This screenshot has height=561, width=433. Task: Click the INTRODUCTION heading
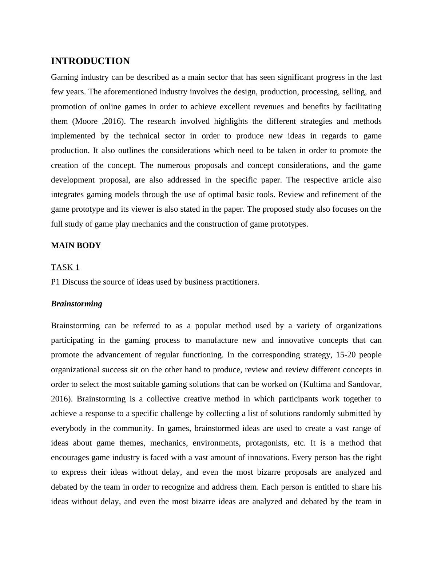point(90,61)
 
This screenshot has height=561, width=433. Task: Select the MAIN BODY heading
point(76,246)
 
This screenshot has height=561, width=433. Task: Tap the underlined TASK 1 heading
point(65,267)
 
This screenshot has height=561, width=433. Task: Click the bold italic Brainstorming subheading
point(76,304)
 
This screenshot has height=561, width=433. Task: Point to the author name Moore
point(87,121)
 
